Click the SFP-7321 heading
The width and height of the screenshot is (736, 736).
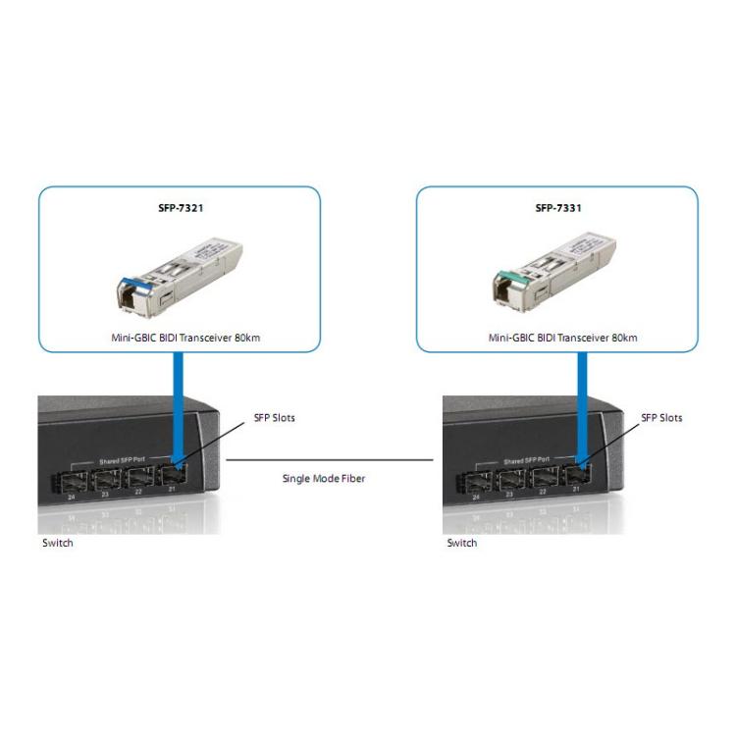point(179,208)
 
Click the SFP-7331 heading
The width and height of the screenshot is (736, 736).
point(558,208)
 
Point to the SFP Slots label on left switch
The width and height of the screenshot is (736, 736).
point(275,418)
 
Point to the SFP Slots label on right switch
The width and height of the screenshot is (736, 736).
point(662,418)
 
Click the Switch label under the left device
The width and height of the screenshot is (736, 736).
point(57,543)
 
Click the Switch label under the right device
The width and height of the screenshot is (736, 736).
point(462,543)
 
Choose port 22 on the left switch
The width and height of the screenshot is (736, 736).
point(139,481)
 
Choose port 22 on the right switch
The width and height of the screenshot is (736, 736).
point(545,481)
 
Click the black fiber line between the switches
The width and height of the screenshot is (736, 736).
point(331,459)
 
